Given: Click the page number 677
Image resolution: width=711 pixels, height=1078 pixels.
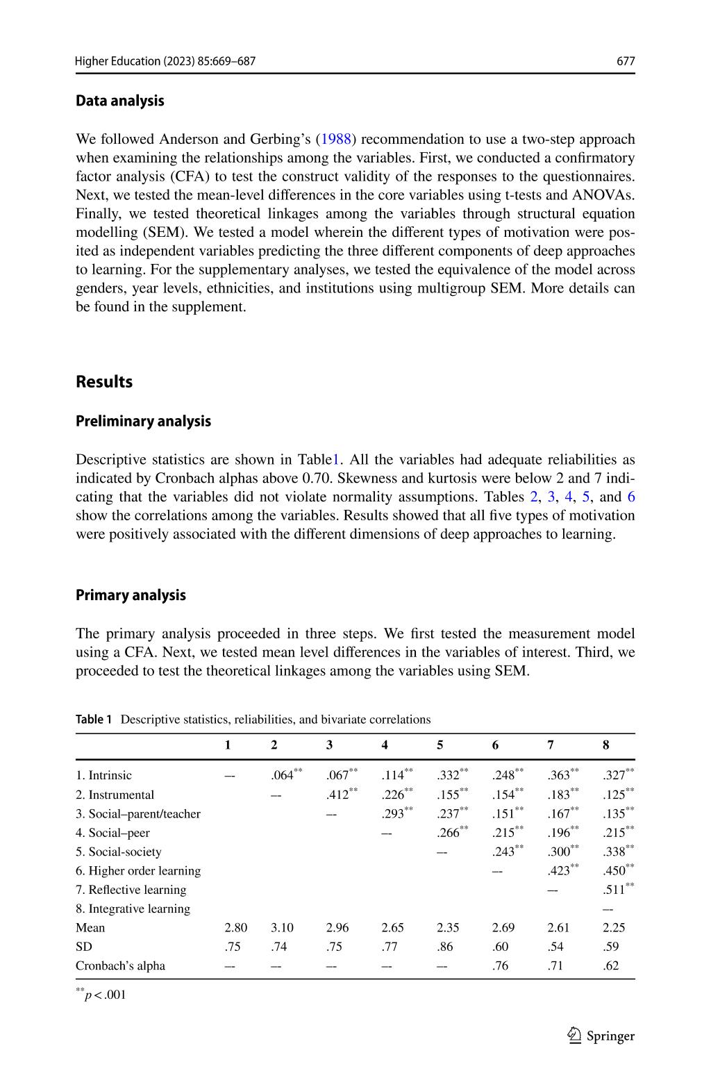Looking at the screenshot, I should [626, 61].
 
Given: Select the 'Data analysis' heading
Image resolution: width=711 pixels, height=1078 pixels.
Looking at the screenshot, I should [120, 101].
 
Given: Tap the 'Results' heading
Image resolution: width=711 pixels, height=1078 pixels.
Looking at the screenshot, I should [104, 381].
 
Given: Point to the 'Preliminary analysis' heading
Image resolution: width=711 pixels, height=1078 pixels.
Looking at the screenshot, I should [143, 421].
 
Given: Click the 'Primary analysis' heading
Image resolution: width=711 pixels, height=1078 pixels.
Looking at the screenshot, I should [131, 595].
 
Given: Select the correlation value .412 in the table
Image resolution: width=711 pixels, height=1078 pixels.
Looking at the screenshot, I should [338, 795].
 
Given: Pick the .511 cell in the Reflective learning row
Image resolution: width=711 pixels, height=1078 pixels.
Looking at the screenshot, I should [614, 890].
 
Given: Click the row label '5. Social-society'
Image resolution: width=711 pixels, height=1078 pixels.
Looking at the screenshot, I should [118, 852].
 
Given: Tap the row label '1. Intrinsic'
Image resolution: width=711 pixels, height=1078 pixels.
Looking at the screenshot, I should [103, 775].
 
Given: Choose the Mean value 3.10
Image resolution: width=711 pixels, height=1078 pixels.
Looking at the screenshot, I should [282, 927].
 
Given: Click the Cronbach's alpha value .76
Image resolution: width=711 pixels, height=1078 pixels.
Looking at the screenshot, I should [500, 965].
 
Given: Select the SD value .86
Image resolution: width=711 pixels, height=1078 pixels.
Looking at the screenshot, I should [445, 946].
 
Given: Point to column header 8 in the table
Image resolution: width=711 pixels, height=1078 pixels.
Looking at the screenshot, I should [605, 745].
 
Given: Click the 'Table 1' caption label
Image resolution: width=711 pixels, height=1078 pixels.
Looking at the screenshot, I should [94, 720].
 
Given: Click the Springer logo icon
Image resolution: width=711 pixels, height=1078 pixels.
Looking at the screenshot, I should [574, 1036].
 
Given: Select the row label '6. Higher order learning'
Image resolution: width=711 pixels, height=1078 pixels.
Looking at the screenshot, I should [137, 870].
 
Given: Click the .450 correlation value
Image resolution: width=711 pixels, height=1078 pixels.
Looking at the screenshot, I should [614, 870].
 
